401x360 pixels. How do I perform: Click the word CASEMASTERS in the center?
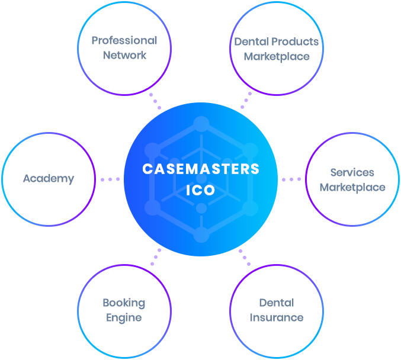coord(201,169)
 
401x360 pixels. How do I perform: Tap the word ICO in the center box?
coord(201,192)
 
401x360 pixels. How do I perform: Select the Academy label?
coord(49,179)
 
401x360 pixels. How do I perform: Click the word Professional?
coord(124,41)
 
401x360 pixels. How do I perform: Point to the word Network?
coord(124,55)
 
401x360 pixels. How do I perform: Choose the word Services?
coord(352,173)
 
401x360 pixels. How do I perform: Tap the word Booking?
coord(124,303)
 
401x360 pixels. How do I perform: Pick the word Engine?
coord(124,317)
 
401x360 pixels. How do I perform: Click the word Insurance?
coord(277,317)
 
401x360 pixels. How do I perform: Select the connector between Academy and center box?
coord(110,179)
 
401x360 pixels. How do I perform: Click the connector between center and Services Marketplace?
coord(291,179)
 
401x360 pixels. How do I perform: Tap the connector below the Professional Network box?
coord(155,99)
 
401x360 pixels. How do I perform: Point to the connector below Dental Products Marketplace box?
coord(246,99)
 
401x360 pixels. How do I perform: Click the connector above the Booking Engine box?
coord(156,259)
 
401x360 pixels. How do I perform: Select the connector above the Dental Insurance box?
coord(244,259)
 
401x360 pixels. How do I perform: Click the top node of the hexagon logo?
coord(201,124)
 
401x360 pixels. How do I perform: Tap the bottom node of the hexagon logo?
coord(201,234)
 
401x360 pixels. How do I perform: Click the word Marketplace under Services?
coord(352,187)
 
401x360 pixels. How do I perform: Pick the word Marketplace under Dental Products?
coord(277,56)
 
